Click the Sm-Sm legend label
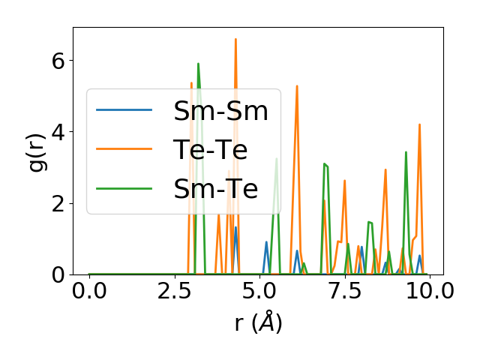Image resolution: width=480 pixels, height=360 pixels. coord(220,111)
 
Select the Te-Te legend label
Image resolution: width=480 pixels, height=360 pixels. coord(211,150)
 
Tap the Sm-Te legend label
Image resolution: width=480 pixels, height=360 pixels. coord(215,189)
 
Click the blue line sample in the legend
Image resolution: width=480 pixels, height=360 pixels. coord(124,111)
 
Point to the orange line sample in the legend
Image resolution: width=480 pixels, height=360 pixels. coord(124,150)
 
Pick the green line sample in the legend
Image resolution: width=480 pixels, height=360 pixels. coord(124,189)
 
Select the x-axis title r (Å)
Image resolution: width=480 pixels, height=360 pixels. coord(258,323)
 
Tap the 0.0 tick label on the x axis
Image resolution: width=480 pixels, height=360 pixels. coord(89,292)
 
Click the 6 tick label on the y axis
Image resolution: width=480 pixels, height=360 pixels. coord(58,60)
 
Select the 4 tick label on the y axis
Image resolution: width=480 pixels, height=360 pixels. coord(58,132)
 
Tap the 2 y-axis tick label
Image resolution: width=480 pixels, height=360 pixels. coord(58,203)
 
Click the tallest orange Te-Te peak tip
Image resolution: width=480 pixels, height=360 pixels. coord(235,39)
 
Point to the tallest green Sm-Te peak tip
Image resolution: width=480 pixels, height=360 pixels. coord(198,64)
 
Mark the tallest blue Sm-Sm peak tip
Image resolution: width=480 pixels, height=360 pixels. coord(235,227)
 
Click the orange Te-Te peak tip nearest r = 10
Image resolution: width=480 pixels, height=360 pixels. coord(420,124)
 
